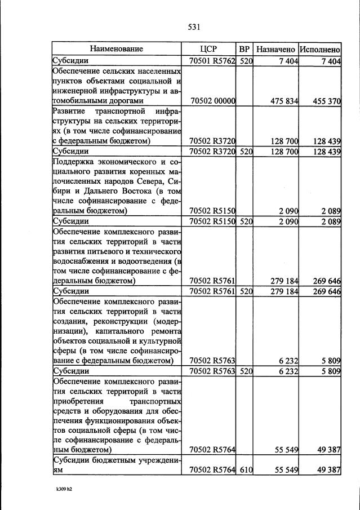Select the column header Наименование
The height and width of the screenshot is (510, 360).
tap(117, 49)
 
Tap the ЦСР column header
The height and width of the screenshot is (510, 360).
tap(208, 49)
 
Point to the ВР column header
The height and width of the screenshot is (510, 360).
tap(245, 49)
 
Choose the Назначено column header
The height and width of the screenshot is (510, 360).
tap(275, 49)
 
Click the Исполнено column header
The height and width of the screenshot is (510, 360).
tap(320, 49)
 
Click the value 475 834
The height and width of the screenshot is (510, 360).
tap(284, 101)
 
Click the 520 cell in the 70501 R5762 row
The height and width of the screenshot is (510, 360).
tap(245, 61)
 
